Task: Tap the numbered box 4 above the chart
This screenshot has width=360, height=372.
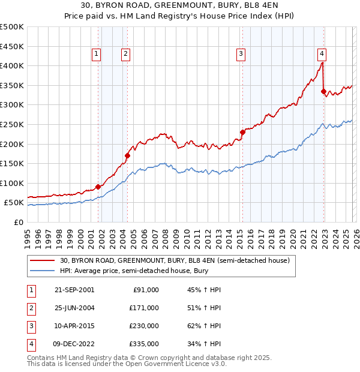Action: pos(322,52)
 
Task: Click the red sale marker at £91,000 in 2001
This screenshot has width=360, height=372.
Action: pos(98,187)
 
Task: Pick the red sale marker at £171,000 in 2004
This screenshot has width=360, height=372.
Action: pos(127,155)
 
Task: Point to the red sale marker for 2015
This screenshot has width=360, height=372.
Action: pos(242,132)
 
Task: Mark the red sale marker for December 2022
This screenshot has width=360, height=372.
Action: pos(324,92)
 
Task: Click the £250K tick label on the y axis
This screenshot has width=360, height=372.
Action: pos(13,124)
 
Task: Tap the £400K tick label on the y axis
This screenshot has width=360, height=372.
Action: pos(13,65)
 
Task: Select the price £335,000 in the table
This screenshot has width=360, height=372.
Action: pos(143,344)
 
